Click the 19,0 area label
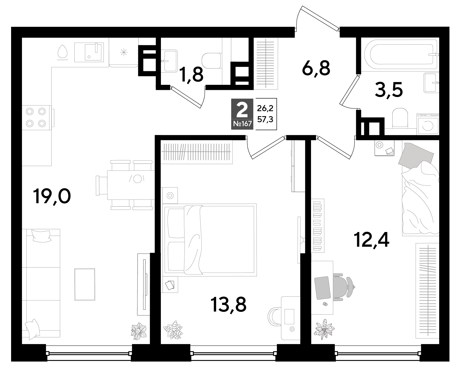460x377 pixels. click(x=52, y=197)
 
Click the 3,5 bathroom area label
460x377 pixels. click(x=388, y=90)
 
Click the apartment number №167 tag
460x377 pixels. click(x=242, y=124)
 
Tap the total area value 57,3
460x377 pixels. click(x=265, y=120)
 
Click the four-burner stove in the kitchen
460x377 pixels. click(x=36, y=117)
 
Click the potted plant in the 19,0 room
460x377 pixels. click(x=139, y=331)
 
